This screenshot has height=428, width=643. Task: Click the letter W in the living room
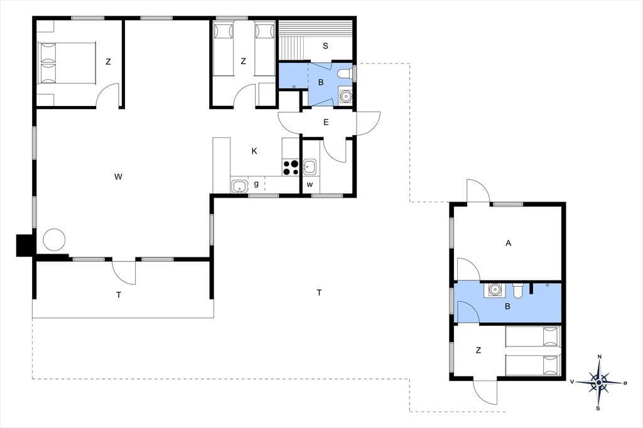coord(118,177)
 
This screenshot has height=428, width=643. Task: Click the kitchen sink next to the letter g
coord(239,186)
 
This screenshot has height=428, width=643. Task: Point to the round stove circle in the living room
coord(54,240)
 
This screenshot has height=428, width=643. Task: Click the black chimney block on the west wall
coord(24,245)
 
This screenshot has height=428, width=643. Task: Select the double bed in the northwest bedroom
coord(67,63)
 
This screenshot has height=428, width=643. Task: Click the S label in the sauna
coord(325,46)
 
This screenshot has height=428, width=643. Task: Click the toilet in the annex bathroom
coord(517,291)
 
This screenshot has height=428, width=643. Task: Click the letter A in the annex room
coord(509,243)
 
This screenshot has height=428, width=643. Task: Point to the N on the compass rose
coord(600,356)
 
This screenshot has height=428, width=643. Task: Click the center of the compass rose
coord(599,382)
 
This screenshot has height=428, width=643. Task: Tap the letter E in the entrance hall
coord(326,122)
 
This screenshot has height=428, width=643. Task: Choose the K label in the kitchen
coord(254,151)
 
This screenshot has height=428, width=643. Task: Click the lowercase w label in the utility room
coord(310,185)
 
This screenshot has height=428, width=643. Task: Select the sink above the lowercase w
coord(310,167)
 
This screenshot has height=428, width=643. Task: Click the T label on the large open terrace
coord(319,292)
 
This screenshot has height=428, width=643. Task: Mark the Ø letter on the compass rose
coord(625,383)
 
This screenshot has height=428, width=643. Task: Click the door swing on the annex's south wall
coord(485,392)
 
